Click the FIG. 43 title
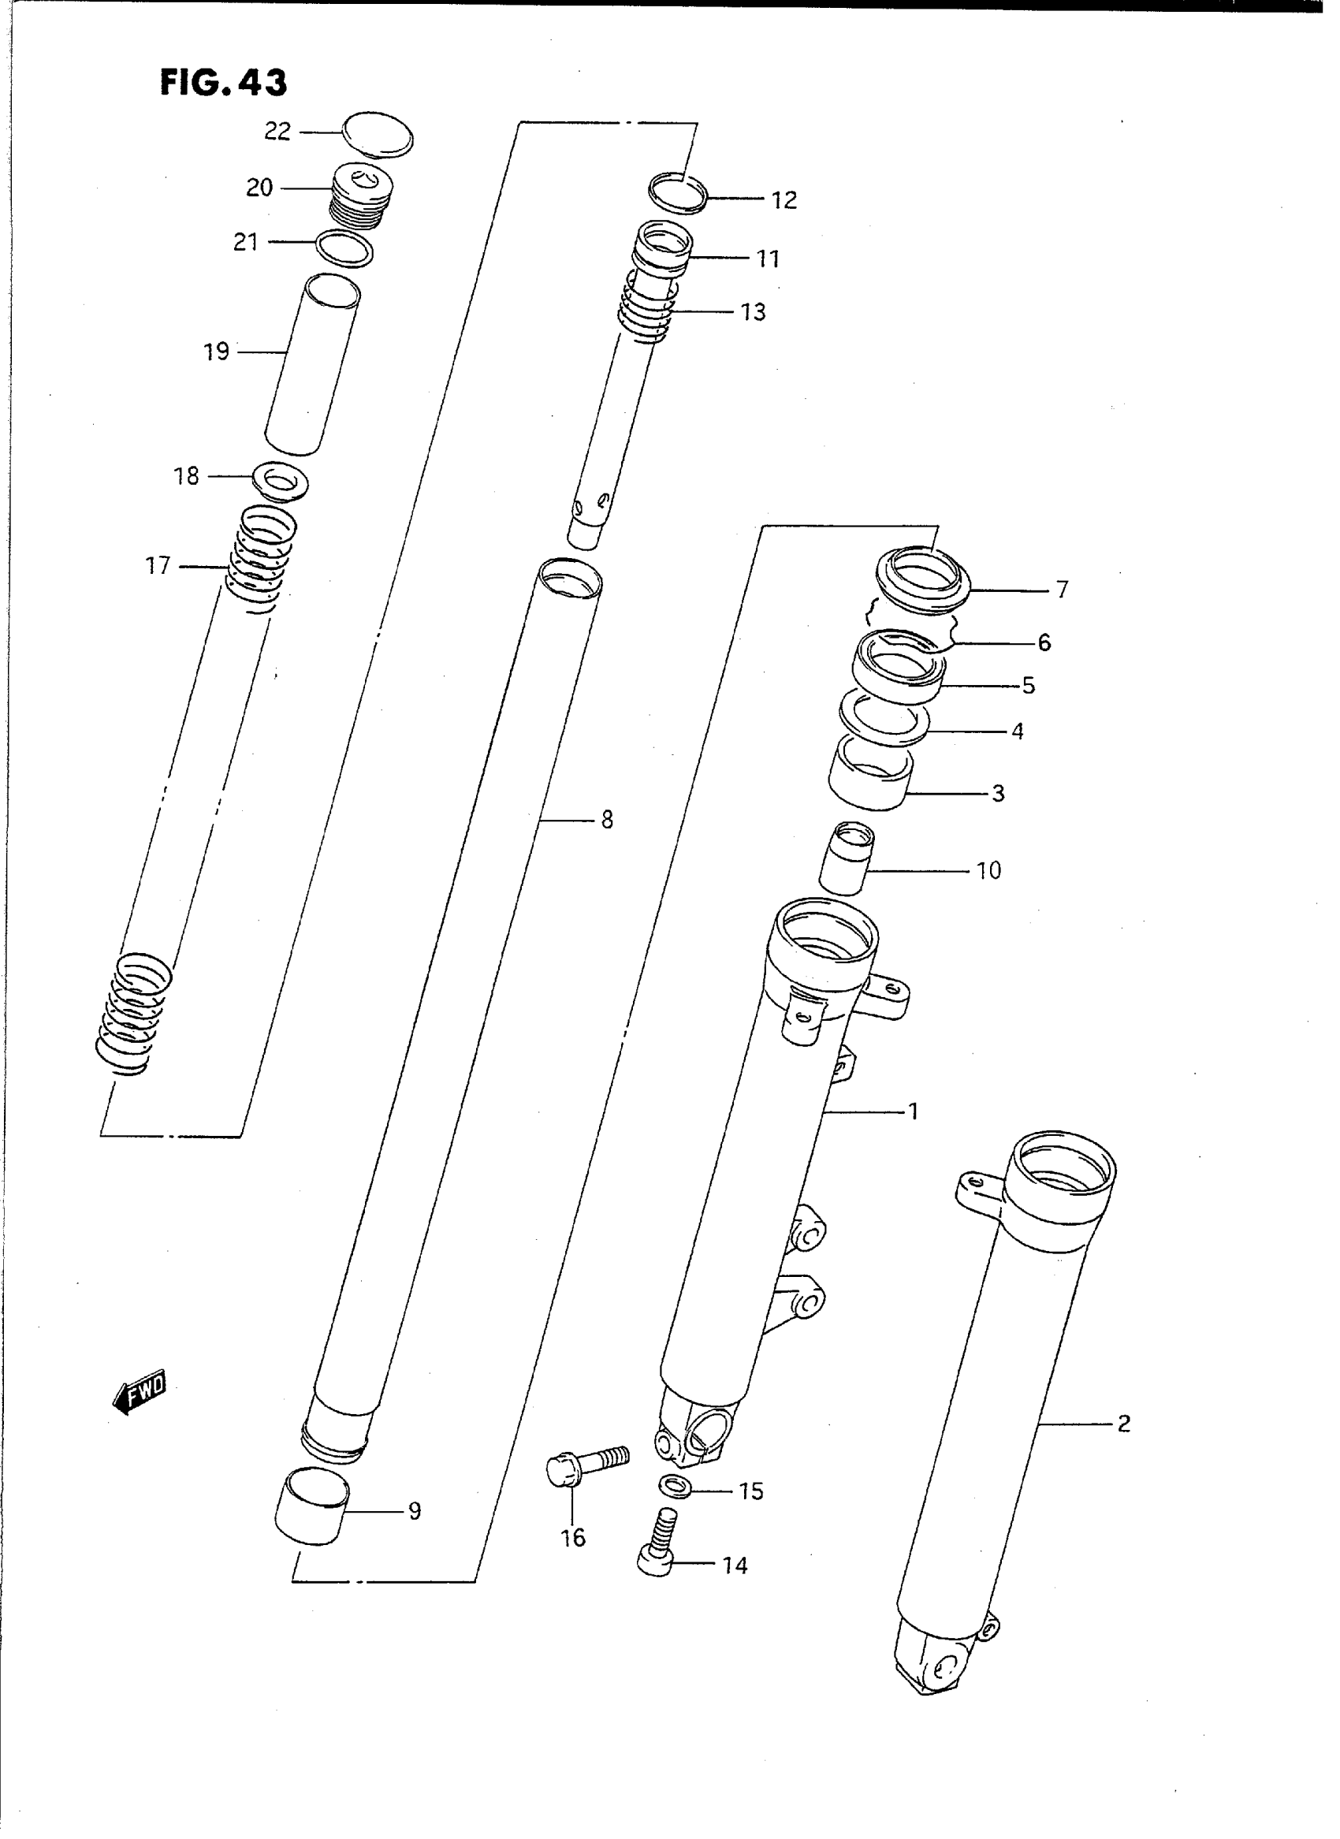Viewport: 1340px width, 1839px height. [223, 83]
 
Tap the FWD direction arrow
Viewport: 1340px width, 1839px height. [140, 1394]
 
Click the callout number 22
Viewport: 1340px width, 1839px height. [277, 132]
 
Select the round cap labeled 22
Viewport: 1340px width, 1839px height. [378, 135]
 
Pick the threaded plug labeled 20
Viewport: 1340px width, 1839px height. [362, 197]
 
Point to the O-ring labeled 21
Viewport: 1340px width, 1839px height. [344, 248]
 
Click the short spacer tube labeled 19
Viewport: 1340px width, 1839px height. [312, 365]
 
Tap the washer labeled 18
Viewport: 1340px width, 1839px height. [281, 482]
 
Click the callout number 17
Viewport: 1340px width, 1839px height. [158, 564]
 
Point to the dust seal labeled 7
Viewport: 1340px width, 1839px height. [924, 578]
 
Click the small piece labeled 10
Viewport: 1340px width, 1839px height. [844, 858]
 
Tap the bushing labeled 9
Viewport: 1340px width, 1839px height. [312, 1507]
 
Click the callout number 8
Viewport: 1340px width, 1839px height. [607, 820]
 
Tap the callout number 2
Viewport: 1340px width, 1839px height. [1123, 1424]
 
